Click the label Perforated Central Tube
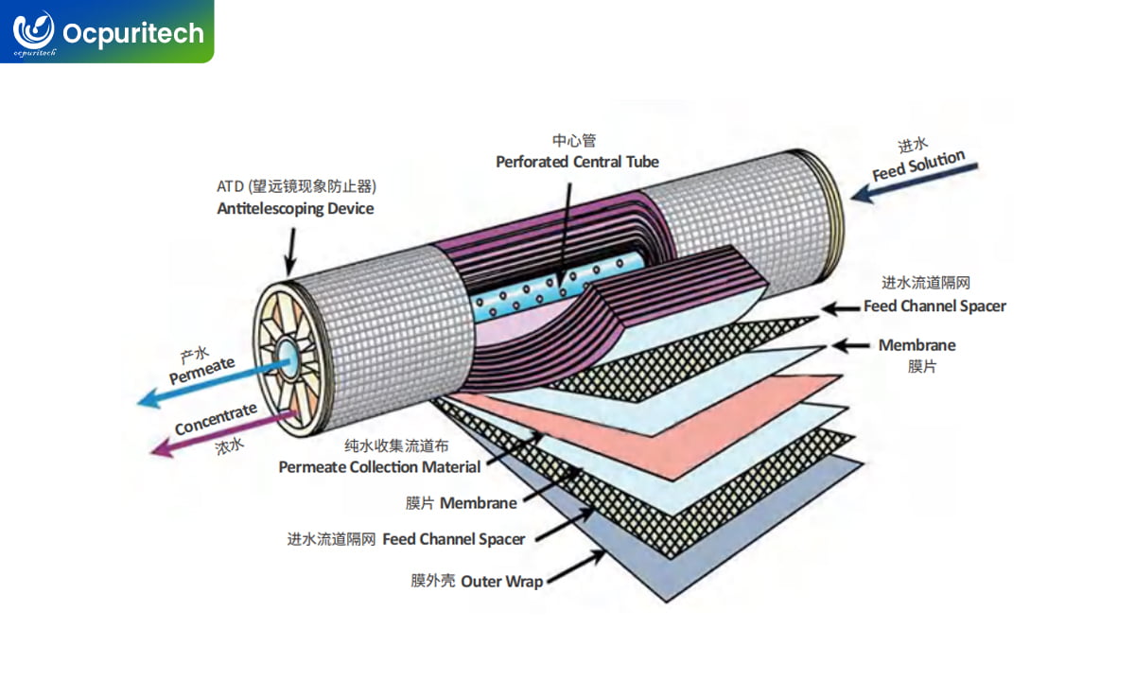tap(577, 162)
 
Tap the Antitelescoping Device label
tap(295, 208)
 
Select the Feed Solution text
tap(917, 165)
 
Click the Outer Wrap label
tap(501, 581)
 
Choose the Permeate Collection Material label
tap(379, 466)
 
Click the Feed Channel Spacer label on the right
tap(934, 306)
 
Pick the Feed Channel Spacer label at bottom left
tap(453, 539)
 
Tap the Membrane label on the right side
tap(917, 345)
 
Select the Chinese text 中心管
tap(574, 140)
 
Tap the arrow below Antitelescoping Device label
tap(291, 251)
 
